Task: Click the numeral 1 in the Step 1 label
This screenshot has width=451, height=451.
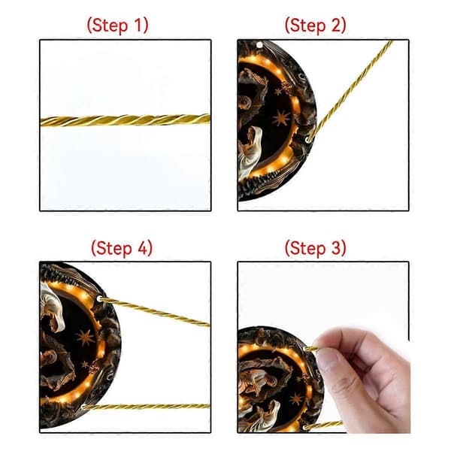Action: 138,25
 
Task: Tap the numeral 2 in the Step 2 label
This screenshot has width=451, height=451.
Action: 335,25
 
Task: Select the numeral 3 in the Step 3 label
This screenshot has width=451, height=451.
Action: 335,248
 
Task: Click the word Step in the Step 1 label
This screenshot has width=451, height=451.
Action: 111,26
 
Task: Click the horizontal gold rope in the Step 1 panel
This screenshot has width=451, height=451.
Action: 126,120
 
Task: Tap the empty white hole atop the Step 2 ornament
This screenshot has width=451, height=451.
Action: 259,45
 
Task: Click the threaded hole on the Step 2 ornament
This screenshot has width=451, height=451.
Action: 309,140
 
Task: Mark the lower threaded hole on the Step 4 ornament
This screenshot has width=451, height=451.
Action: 83,407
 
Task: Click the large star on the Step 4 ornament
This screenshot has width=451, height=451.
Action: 85,337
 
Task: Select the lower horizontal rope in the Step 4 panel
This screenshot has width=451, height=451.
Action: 147,407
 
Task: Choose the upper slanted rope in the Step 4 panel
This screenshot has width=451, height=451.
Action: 155,313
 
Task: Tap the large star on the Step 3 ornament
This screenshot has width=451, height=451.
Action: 296,399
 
